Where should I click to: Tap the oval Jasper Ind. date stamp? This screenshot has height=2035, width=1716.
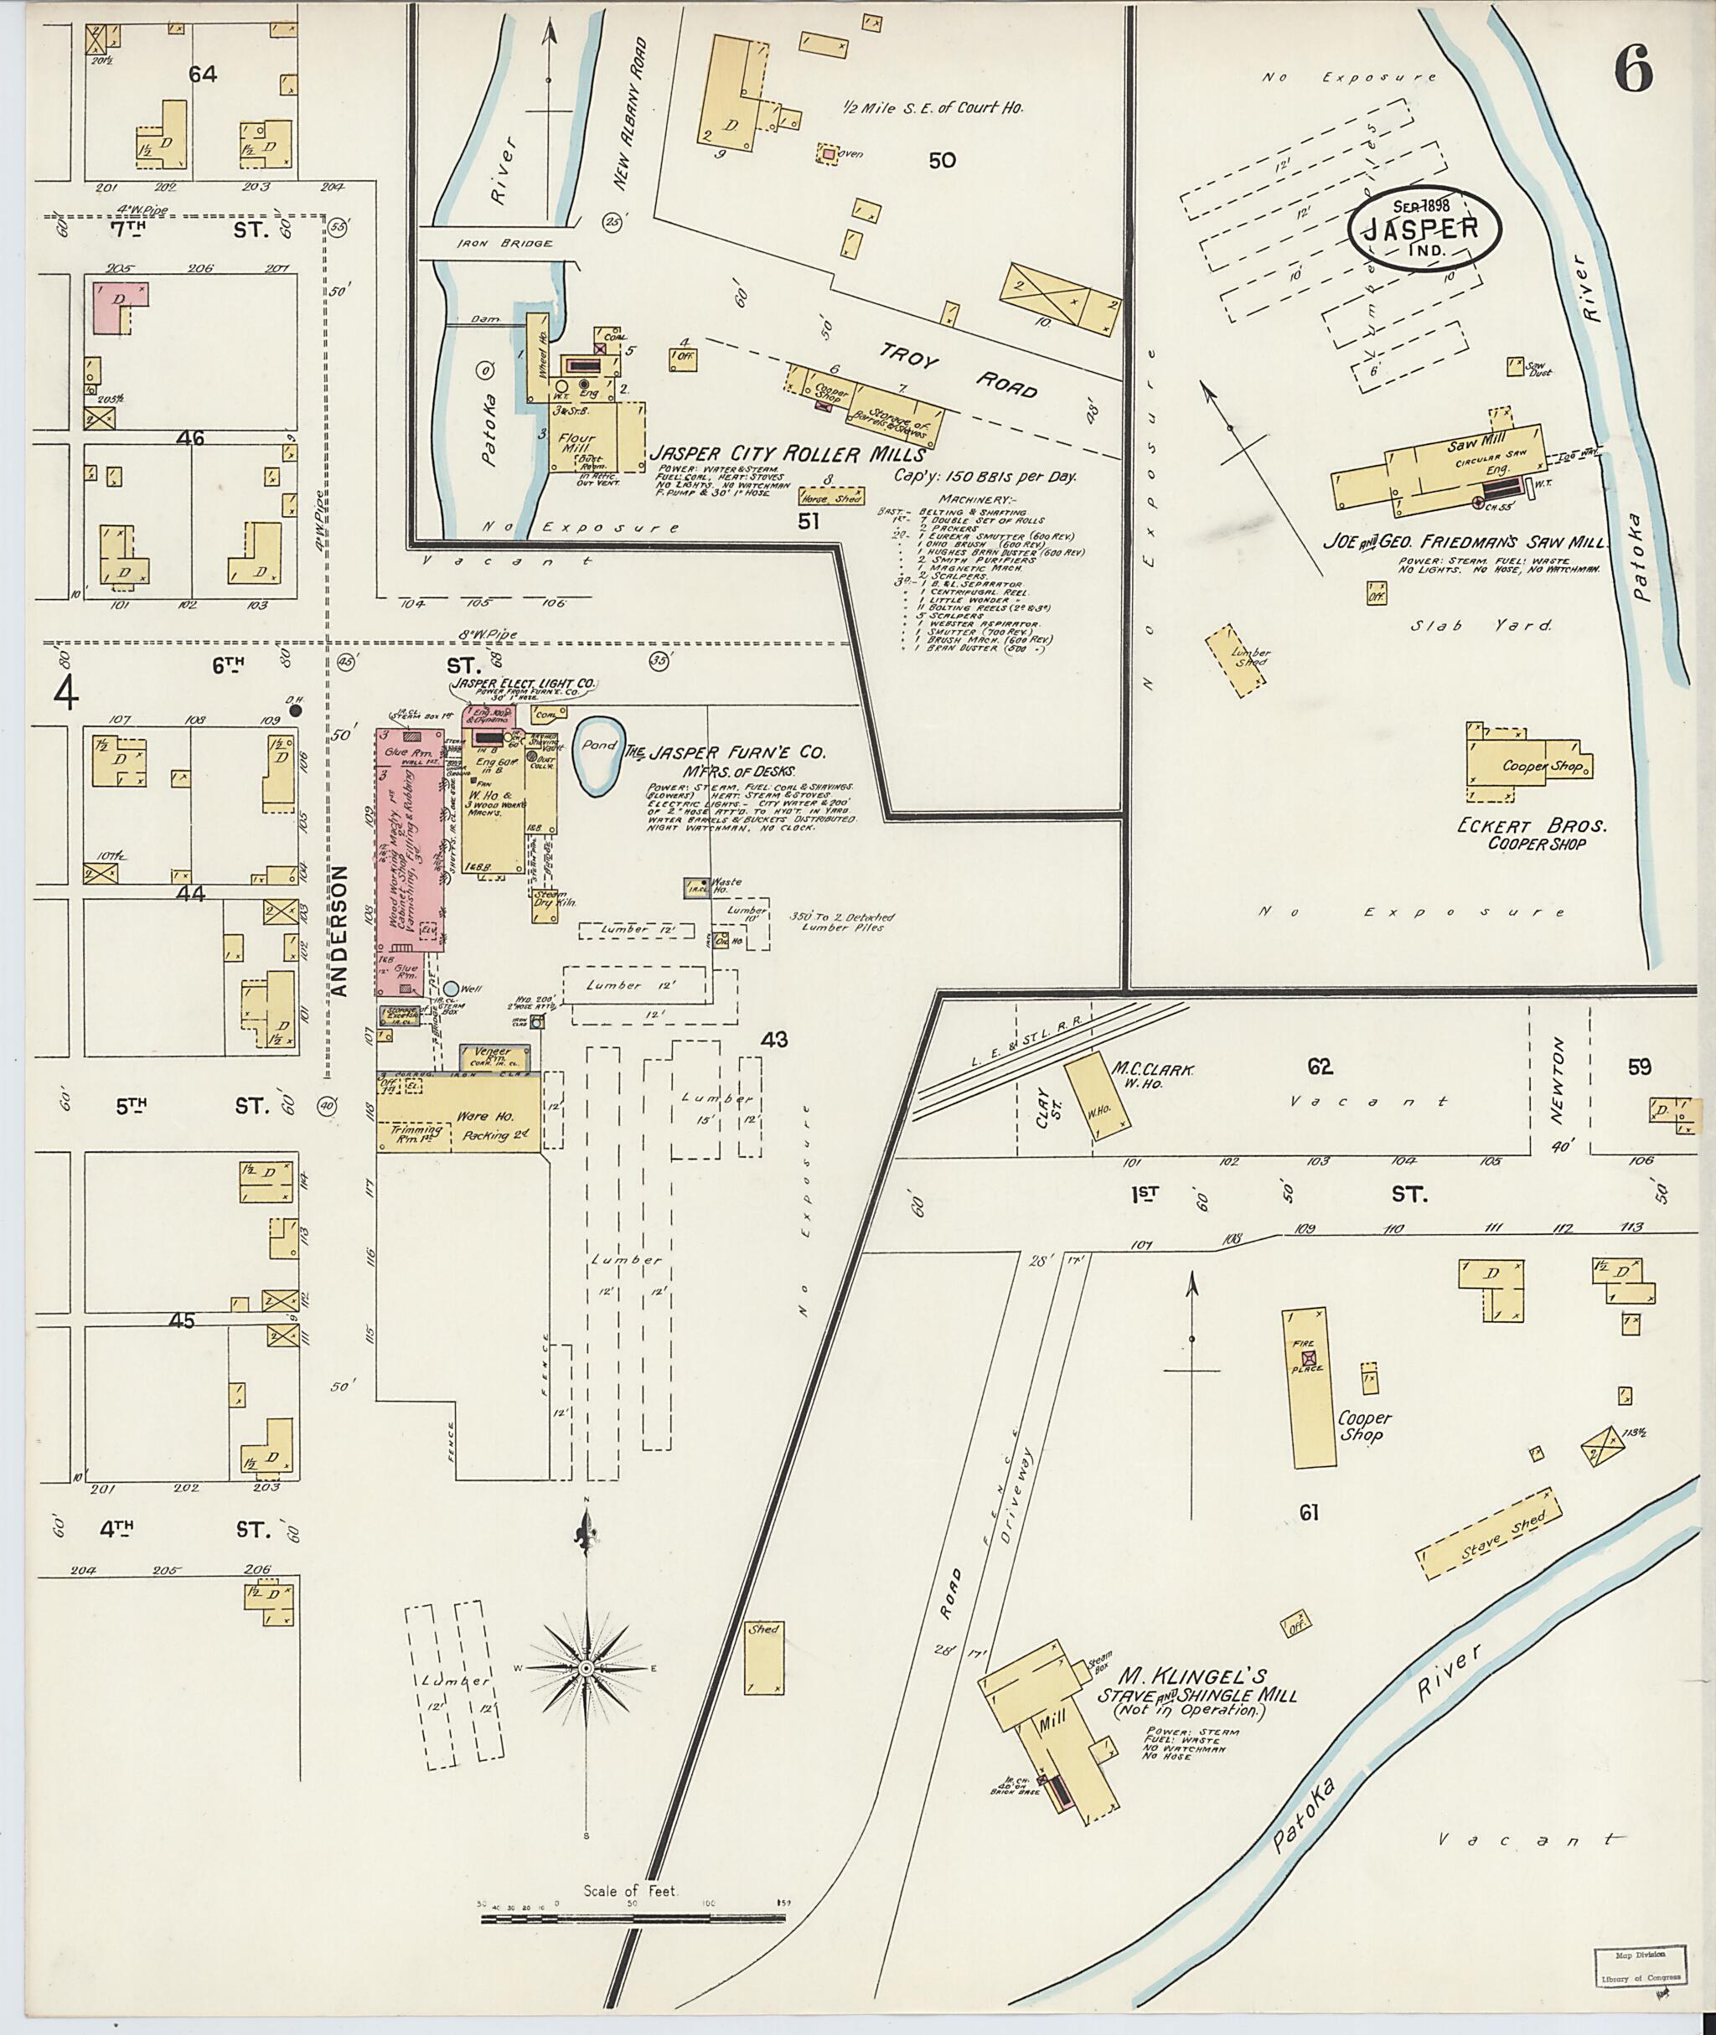click(1424, 229)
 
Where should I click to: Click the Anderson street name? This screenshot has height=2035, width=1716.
click(339, 930)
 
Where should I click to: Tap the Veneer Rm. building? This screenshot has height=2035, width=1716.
click(494, 1056)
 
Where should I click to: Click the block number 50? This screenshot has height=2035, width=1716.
click(942, 161)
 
